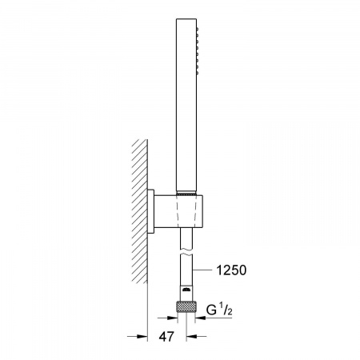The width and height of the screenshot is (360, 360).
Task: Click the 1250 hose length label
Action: (231, 270)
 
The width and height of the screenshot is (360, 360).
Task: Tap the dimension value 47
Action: (166, 337)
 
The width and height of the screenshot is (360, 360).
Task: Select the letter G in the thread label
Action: (211, 310)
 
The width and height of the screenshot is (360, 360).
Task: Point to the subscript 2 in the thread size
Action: (229, 313)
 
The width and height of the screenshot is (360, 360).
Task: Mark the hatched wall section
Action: (139, 211)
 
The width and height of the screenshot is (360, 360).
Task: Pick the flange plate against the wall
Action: (151, 211)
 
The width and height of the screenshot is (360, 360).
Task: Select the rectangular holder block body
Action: (178, 211)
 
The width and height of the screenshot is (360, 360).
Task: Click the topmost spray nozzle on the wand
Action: (198, 28)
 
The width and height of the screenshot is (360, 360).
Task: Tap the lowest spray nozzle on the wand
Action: (198, 73)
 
